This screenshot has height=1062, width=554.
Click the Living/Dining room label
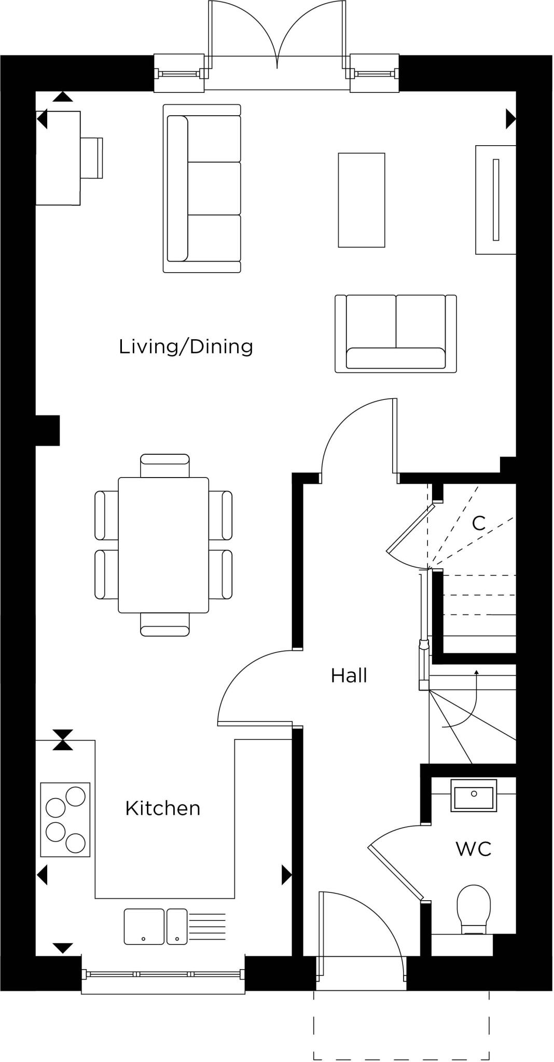186,346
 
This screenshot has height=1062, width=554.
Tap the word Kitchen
162,808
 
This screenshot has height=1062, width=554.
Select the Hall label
349,676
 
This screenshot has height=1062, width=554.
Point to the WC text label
473,849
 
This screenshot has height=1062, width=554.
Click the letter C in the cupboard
478,523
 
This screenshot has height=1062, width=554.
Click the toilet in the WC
473,909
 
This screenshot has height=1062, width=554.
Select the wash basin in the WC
473,795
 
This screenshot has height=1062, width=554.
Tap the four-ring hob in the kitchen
65,820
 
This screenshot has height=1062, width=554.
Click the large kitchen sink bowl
144,926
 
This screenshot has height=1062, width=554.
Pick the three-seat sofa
202,188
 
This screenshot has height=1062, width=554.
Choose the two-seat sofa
395,334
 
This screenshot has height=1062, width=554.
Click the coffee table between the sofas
361,200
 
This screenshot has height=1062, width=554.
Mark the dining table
163,545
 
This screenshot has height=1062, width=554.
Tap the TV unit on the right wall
495,200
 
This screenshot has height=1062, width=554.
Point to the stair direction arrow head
476,672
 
